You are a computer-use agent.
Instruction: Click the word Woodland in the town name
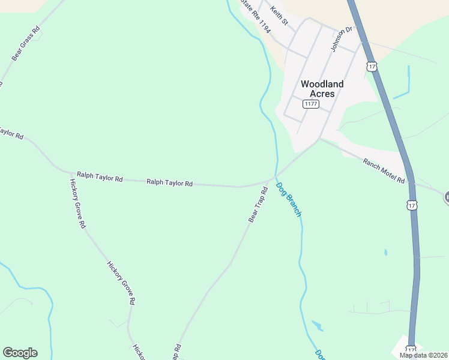tap(322, 84)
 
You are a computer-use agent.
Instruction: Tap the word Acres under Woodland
tap(322, 94)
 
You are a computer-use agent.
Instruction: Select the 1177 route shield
tap(310, 104)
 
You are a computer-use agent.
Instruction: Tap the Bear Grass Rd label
tap(26, 43)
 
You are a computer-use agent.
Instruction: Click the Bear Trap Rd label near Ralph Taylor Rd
tap(258, 205)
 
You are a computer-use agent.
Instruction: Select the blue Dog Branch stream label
tap(288, 199)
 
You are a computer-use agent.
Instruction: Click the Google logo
tap(20, 353)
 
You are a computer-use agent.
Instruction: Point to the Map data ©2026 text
tap(424, 355)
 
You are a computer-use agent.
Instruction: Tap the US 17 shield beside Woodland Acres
tap(372, 67)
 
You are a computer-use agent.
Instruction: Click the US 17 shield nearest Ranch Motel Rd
tap(411, 205)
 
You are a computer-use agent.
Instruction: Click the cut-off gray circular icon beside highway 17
tap(447, 197)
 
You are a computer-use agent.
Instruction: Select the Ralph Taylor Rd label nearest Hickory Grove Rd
tap(100, 179)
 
